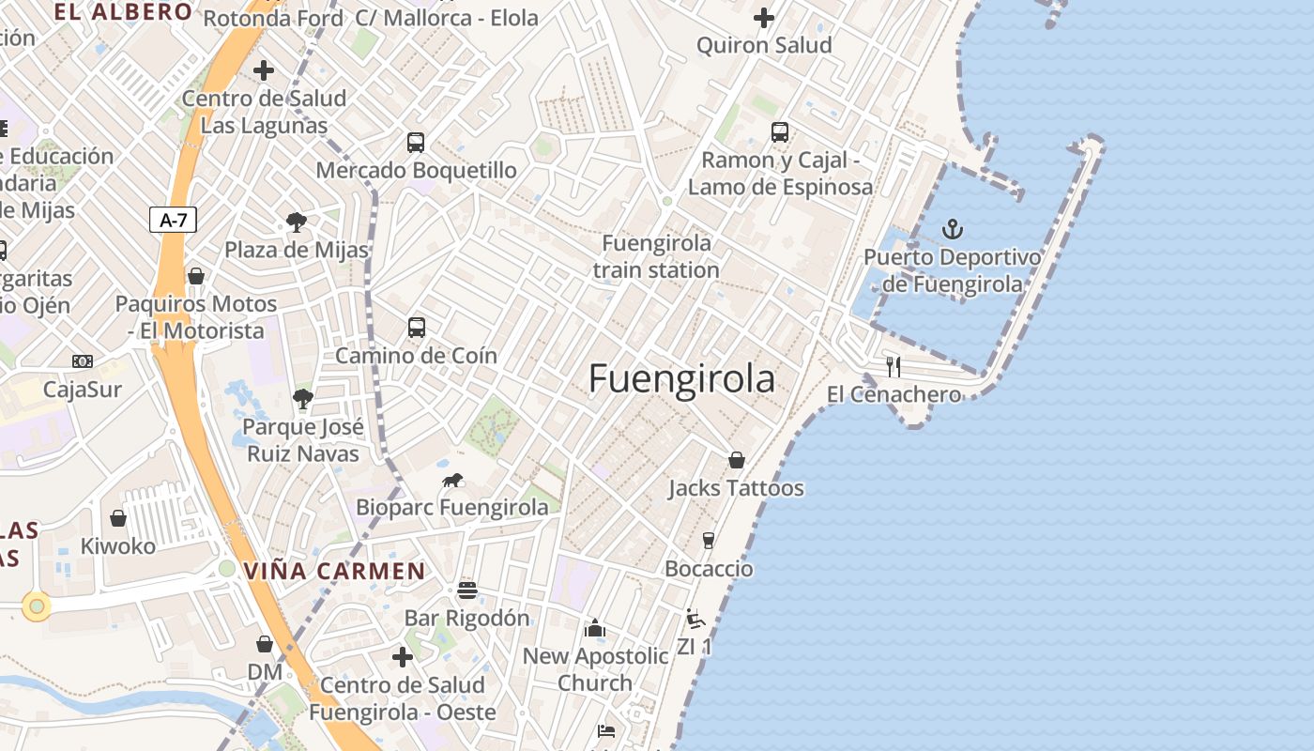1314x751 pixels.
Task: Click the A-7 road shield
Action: click(x=174, y=221)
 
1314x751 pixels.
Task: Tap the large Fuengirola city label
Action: click(x=682, y=379)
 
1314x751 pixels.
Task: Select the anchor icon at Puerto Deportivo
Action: click(x=953, y=229)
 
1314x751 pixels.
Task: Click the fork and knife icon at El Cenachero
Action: click(x=894, y=366)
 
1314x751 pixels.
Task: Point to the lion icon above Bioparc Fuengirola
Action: click(x=452, y=481)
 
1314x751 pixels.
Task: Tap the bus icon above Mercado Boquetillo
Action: click(x=416, y=143)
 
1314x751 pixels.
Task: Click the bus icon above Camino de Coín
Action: click(x=417, y=328)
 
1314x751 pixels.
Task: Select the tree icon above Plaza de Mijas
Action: click(x=297, y=222)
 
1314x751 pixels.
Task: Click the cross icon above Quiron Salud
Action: click(x=764, y=18)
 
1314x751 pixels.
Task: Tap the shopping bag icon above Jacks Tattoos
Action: click(x=737, y=460)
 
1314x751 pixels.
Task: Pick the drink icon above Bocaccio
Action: click(x=709, y=541)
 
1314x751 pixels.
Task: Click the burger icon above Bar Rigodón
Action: click(x=466, y=590)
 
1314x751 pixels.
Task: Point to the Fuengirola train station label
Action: click(x=656, y=256)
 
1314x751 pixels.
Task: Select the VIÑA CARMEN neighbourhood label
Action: click(x=334, y=571)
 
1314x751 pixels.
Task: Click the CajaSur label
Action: click(x=83, y=389)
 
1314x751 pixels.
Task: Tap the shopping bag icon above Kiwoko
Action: click(x=118, y=518)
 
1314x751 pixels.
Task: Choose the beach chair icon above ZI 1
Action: click(x=695, y=619)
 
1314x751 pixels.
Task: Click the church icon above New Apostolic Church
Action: click(x=595, y=628)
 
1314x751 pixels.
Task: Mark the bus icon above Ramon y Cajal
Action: click(x=780, y=132)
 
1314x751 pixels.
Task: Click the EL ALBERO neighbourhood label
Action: click(x=123, y=12)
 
